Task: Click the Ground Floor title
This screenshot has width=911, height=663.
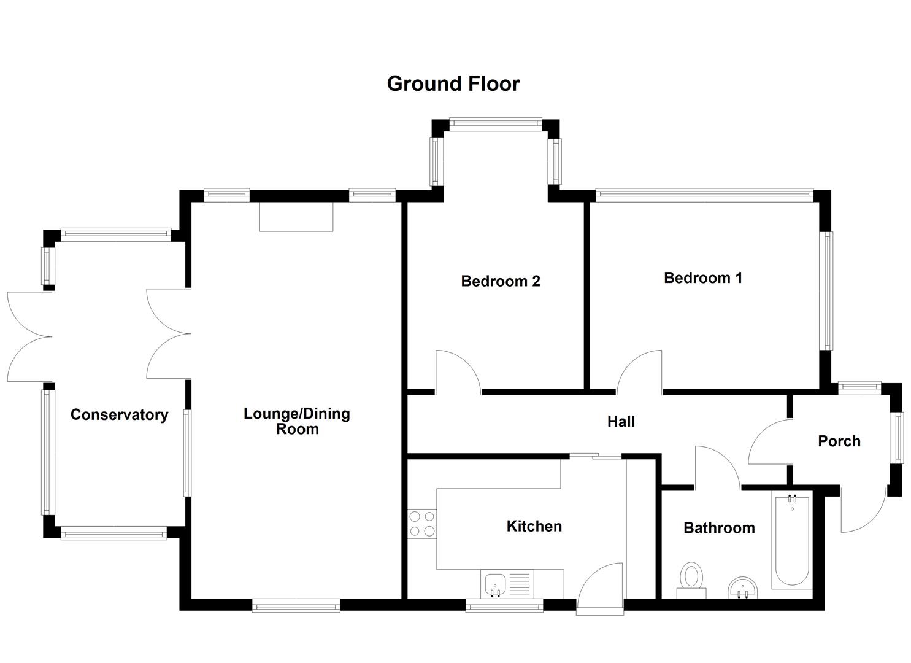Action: [453, 83]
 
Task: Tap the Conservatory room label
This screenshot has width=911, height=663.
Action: [119, 415]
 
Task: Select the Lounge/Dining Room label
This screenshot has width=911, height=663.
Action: [297, 421]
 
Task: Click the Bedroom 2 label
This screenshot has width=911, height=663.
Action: [501, 281]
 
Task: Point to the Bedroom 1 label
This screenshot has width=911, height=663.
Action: [703, 278]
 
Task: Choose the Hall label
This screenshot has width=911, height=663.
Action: [621, 422]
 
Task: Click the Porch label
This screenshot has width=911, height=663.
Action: [839, 441]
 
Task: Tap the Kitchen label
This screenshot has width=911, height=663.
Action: [534, 526]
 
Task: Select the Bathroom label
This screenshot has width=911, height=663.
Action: [719, 528]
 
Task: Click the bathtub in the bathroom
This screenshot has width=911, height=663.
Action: [791, 540]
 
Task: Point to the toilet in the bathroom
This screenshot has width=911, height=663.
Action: [691, 580]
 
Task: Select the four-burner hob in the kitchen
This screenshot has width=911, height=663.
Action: [422, 524]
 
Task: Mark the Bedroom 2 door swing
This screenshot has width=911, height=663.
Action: [457, 371]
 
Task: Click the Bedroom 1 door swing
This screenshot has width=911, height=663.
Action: [640, 372]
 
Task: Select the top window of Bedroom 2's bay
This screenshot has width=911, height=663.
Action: [496, 123]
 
